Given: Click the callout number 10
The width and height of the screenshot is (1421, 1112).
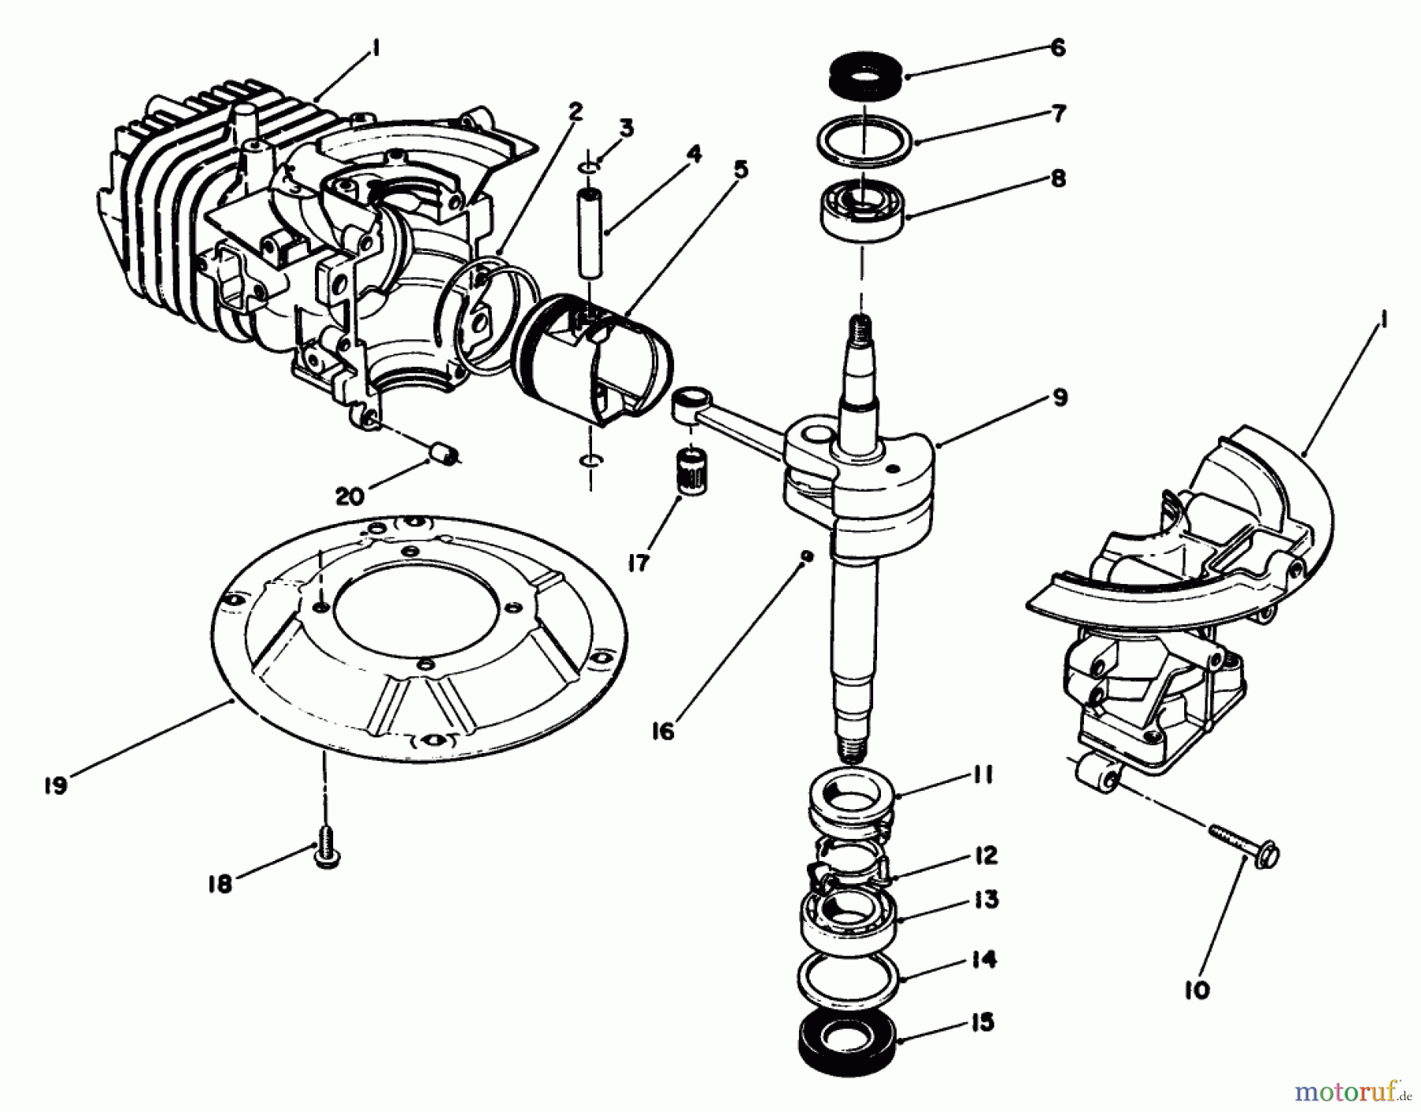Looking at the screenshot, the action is point(1197,990).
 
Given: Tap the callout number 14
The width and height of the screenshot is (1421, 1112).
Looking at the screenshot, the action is point(986,960).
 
